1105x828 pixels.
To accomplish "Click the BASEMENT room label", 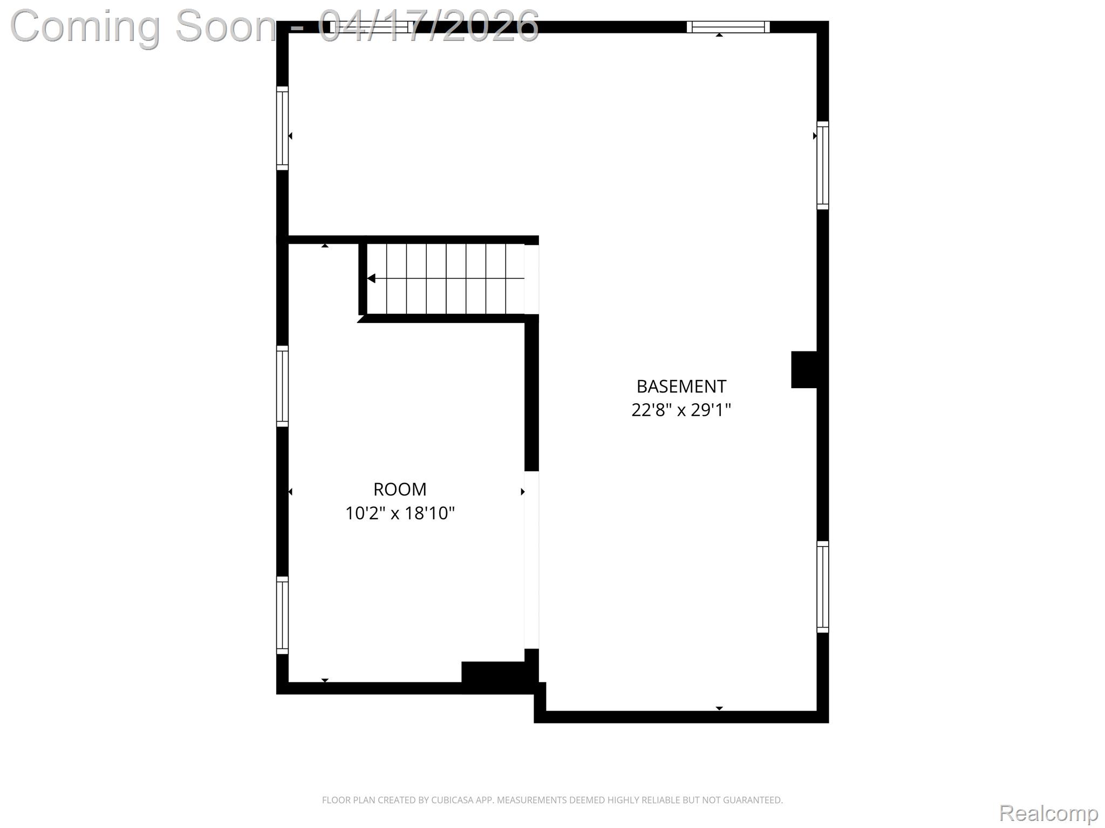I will (681, 387).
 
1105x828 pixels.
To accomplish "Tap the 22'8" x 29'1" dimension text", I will (681, 410).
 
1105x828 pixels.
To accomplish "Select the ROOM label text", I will (400, 489).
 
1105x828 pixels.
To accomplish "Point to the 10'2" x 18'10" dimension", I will (400, 513).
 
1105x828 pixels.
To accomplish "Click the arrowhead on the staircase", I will (371, 278).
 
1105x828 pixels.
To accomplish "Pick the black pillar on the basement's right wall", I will (804, 369).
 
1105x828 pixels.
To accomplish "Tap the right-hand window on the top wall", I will (728, 27).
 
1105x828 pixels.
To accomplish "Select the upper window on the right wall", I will (822, 165).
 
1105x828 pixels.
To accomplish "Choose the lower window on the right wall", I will (822, 586).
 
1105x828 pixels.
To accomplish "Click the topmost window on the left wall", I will (282, 128).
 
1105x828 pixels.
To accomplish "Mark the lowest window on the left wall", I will (282, 615).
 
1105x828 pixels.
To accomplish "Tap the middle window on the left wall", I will (282, 386).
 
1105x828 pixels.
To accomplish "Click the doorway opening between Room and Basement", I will (531, 560).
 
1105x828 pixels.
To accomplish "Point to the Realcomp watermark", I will (1048, 813).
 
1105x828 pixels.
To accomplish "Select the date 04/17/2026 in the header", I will (429, 25).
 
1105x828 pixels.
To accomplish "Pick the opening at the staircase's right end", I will (531, 279).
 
